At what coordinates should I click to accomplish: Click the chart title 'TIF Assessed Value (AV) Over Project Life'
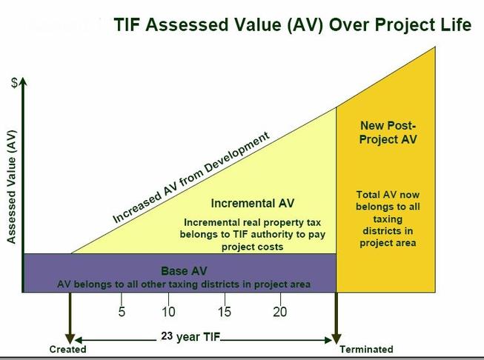click(292, 24)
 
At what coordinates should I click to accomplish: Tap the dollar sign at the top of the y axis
click(14, 83)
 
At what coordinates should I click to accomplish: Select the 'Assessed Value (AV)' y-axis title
click(11, 187)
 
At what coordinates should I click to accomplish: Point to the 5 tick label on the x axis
click(122, 312)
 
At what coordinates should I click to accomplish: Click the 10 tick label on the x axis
click(168, 312)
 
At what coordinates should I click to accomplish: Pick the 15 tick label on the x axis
click(225, 312)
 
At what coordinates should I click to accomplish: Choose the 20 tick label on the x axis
click(280, 312)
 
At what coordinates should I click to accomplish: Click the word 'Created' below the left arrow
click(68, 349)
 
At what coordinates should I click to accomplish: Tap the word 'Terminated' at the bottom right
click(366, 349)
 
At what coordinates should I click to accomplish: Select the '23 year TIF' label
click(190, 336)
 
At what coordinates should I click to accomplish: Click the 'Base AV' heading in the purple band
click(184, 271)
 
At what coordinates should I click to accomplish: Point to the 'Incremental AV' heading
click(253, 203)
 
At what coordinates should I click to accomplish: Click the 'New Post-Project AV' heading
click(388, 133)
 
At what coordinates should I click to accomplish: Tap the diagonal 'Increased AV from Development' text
click(191, 177)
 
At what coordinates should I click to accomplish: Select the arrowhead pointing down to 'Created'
click(70, 339)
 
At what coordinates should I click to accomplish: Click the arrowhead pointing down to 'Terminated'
click(337, 339)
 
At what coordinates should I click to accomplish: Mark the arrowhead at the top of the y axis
click(23, 81)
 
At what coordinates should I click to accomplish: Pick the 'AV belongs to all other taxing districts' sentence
click(184, 284)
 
